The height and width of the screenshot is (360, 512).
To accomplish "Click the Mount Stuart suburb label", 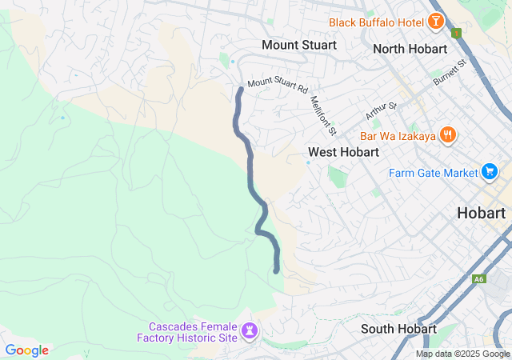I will pyautogui.click(x=299, y=45).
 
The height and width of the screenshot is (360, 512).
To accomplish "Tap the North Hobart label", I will pyautogui.click(x=410, y=49).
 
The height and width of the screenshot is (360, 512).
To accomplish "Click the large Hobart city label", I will pyautogui.click(x=482, y=213).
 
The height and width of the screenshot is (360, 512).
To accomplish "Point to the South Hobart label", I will pyautogui.click(x=398, y=329).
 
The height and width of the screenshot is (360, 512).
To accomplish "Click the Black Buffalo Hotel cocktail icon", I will pyautogui.click(x=436, y=22).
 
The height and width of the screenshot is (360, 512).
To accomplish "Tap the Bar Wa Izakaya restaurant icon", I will pyautogui.click(x=448, y=136).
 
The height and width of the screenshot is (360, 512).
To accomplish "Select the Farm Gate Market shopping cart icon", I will pyautogui.click(x=490, y=172).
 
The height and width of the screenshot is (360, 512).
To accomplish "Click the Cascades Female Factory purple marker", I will pyautogui.click(x=251, y=330).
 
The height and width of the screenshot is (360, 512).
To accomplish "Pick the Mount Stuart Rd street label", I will pyautogui.click(x=278, y=83).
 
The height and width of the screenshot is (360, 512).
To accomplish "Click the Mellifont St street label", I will pyautogui.click(x=323, y=114).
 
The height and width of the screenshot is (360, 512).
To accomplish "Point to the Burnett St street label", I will pyautogui.click(x=449, y=72).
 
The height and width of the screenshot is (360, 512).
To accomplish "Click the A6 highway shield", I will pyautogui.click(x=478, y=278).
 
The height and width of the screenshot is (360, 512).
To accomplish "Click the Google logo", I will pyautogui.click(x=26, y=350).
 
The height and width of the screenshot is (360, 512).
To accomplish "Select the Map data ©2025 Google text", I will pyautogui.click(x=462, y=354).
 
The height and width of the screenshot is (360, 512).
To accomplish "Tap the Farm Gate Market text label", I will pyautogui.click(x=433, y=172).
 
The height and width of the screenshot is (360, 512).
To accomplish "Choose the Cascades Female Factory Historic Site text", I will pyautogui.click(x=193, y=332).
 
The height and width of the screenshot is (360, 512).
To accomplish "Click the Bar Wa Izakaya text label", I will pyautogui.click(x=398, y=136).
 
